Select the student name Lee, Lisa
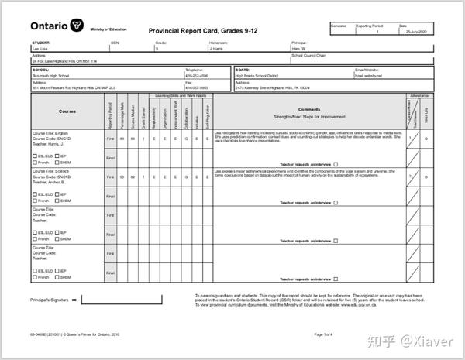[41, 48]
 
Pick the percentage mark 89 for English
[122, 138]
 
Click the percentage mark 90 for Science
[122, 177]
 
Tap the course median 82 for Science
[133, 177]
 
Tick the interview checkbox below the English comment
[336, 163]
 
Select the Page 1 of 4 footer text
[323, 334]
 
